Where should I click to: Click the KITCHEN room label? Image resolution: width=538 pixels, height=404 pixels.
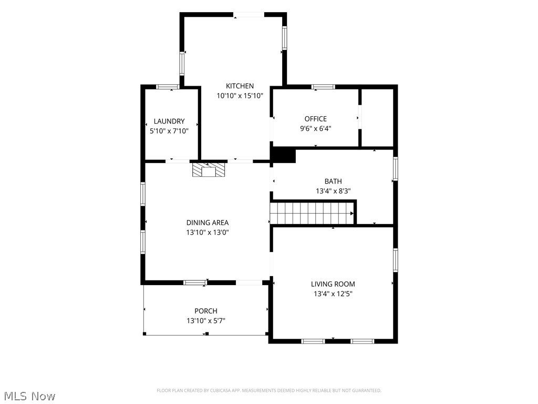240,86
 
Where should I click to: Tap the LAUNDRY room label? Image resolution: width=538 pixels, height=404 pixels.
169,122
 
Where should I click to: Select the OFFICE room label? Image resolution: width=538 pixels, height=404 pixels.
316,119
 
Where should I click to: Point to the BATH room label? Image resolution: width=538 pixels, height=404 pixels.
333,181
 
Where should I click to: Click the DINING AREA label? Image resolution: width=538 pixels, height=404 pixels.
207,223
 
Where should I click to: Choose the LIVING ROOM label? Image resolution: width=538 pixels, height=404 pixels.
333,284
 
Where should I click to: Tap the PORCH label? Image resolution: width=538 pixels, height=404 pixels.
206,311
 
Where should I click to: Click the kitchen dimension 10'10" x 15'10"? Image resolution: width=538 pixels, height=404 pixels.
240,96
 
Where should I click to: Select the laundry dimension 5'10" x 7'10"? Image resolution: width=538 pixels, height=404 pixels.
169,131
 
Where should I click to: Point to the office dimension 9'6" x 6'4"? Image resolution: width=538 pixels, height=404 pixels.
316,129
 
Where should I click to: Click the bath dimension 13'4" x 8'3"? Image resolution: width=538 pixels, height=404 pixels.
333,191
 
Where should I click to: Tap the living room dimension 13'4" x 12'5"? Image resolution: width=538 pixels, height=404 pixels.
333,294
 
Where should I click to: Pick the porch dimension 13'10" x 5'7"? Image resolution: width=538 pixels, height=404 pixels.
206,321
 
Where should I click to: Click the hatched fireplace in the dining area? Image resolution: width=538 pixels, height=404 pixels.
209,170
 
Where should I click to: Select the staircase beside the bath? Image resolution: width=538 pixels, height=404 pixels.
312,214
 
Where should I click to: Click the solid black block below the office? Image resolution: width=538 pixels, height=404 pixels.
284,155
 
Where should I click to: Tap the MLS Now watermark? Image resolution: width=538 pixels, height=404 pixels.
30,396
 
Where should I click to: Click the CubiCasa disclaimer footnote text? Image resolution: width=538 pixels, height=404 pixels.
269,391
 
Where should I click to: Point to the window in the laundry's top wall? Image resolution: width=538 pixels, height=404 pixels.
168,87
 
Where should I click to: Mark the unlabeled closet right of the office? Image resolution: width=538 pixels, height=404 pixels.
377,118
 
